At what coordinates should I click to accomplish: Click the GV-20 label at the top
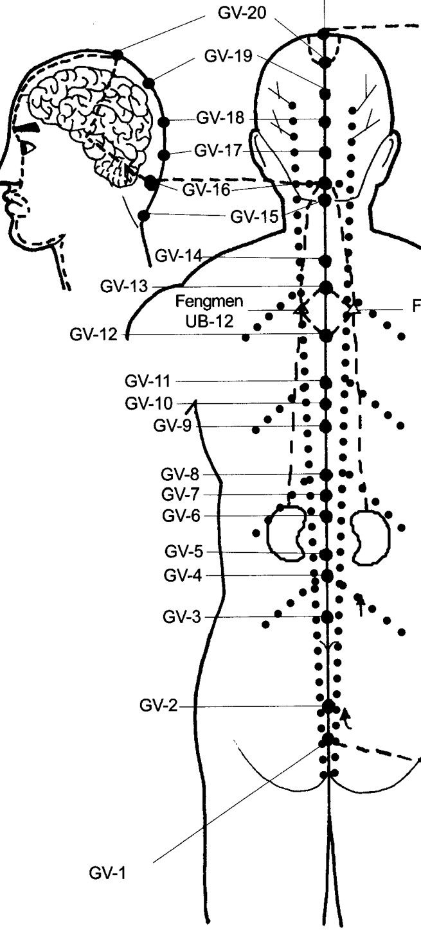[x=242, y=13]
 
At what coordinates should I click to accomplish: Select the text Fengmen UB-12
[x=209, y=311]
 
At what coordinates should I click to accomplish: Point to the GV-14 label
[x=179, y=256]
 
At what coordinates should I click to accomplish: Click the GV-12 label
[x=94, y=335]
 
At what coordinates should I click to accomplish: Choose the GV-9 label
[x=172, y=426]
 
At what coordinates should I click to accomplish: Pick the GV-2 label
[x=158, y=705]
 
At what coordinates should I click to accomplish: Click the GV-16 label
[x=206, y=189]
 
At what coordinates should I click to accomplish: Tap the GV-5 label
[x=184, y=552]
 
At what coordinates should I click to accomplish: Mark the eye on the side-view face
[x=28, y=148]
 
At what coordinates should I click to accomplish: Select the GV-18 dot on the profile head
[x=164, y=122]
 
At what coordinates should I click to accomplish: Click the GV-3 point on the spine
[x=327, y=617]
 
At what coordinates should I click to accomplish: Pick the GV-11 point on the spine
[x=326, y=381]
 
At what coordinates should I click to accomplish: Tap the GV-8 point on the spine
[x=326, y=475]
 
